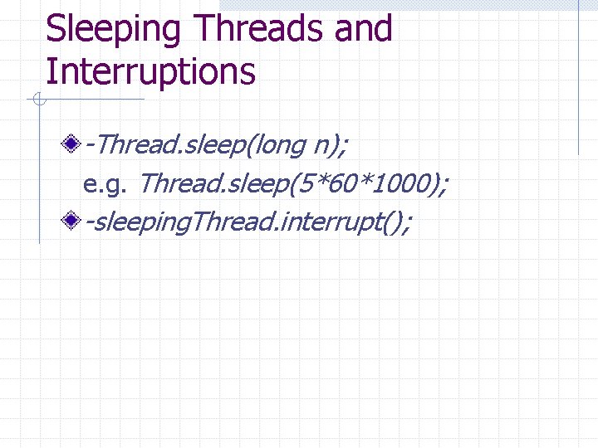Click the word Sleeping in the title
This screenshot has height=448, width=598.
click(x=113, y=29)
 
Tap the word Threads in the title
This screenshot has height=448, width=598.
click(x=257, y=29)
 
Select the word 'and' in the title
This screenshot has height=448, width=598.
click(x=362, y=29)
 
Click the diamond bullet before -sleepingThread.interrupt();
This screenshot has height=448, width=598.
click(x=73, y=221)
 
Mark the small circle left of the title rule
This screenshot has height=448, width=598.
click(x=37, y=101)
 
